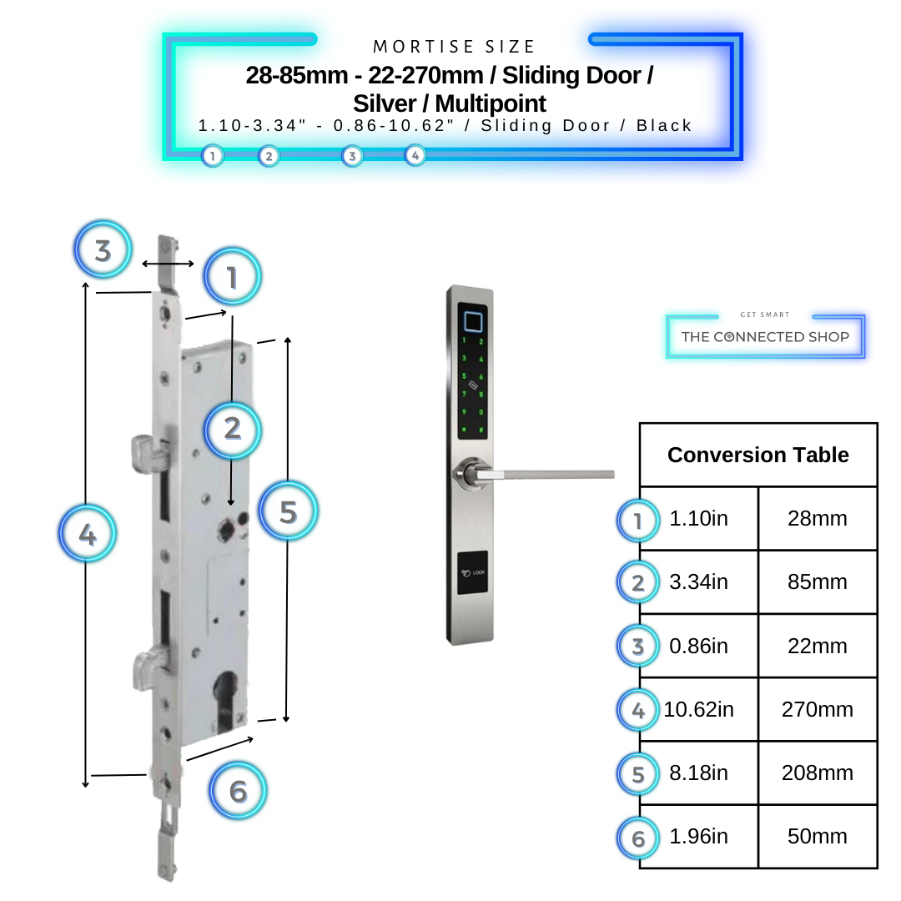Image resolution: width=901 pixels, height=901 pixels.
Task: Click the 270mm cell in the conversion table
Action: click(x=817, y=710)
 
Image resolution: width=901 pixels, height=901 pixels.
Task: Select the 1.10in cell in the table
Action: click(x=698, y=519)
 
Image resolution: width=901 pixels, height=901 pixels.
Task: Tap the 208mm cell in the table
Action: click(x=817, y=773)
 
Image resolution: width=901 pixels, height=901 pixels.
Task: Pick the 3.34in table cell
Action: click(x=698, y=582)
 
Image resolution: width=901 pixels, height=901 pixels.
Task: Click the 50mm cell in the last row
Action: click(x=817, y=837)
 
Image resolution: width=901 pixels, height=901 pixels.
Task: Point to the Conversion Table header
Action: click(x=758, y=456)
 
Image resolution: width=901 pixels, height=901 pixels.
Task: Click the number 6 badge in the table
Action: click(x=638, y=838)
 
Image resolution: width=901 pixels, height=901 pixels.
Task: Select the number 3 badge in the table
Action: click(x=638, y=647)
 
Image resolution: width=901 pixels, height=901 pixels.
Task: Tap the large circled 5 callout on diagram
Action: click(x=288, y=511)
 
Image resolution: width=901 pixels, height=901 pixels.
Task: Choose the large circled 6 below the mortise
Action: click(x=238, y=790)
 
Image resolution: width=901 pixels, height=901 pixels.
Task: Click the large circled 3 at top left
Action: click(x=103, y=250)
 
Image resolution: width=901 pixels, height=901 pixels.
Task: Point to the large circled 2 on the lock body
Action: click(x=232, y=428)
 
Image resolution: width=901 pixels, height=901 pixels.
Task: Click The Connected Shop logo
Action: click(x=765, y=336)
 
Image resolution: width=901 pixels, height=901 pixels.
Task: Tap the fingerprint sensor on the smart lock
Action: click(x=473, y=321)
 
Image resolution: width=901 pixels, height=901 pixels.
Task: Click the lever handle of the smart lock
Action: click(x=542, y=474)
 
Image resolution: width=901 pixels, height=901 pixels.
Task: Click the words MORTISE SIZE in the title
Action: click(x=454, y=47)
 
